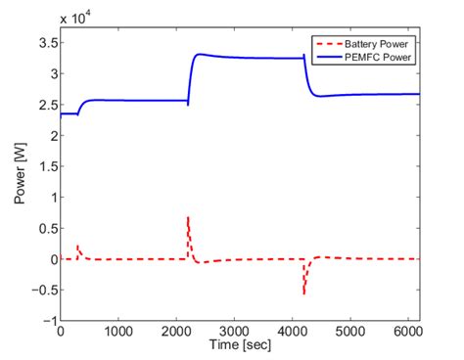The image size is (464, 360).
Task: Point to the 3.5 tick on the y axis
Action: pyautogui.click(x=44, y=43)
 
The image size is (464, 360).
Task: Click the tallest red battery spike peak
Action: pyautogui.click(x=188, y=216)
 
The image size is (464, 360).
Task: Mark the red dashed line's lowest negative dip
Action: pyautogui.click(x=304, y=293)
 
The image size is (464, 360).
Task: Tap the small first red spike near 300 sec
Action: pyautogui.click(x=77, y=246)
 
